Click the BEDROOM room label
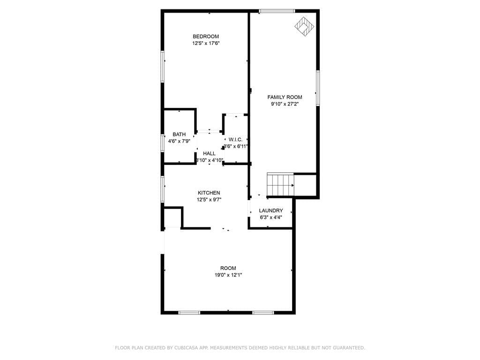click(x=206, y=37)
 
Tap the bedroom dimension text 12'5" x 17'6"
click(x=206, y=43)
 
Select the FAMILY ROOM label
click(x=285, y=97)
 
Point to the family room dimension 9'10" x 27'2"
click(x=285, y=104)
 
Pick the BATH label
click(x=179, y=135)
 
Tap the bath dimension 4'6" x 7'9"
click(x=179, y=141)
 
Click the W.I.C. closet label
click(x=235, y=140)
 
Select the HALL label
click(x=209, y=153)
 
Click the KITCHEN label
click(x=209, y=193)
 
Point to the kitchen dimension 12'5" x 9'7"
click(x=209, y=199)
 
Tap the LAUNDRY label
click(x=271, y=210)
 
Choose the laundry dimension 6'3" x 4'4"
click(x=271, y=217)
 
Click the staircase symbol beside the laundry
click(x=280, y=185)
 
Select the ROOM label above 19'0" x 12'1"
click(x=228, y=268)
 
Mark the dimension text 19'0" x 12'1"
click(x=228, y=275)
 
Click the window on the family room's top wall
click(x=277, y=11)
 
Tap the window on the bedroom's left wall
click(x=163, y=67)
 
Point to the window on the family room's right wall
click(x=318, y=88)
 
